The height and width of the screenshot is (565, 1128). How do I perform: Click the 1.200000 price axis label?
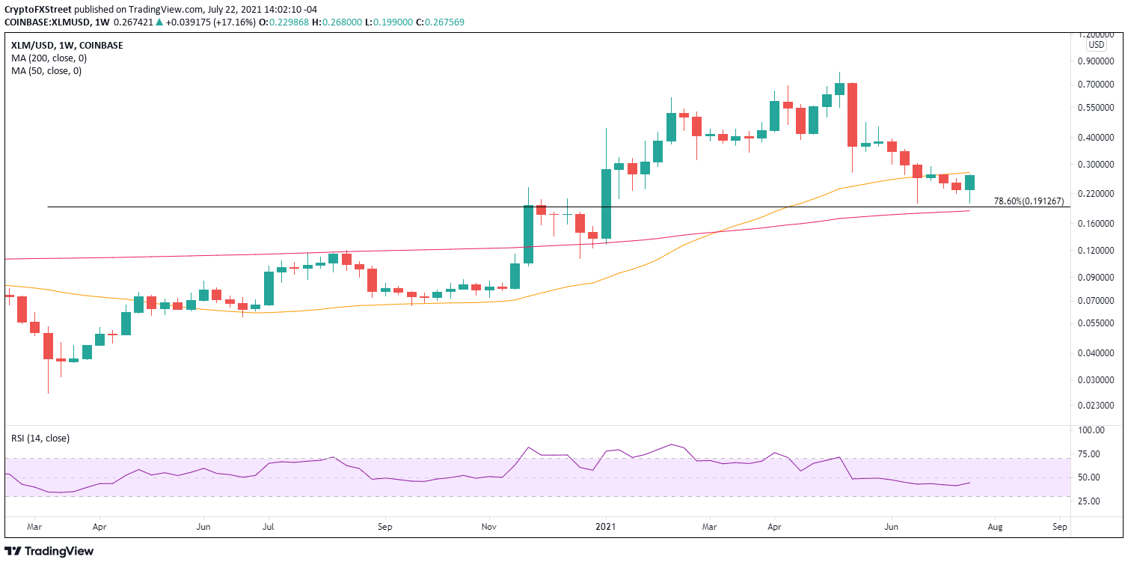(1103, 35)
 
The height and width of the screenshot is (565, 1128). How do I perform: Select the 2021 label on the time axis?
(606, 528)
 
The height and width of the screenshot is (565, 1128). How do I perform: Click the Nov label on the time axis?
(489, 528)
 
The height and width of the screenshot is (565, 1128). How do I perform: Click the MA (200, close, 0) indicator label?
(46, 58)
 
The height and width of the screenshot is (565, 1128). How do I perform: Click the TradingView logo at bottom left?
(49, 552)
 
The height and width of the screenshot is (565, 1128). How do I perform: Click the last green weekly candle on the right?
(969, 183)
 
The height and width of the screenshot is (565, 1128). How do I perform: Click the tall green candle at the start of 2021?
(606, 203)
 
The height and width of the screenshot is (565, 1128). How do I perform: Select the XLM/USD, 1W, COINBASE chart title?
(67, 45)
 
